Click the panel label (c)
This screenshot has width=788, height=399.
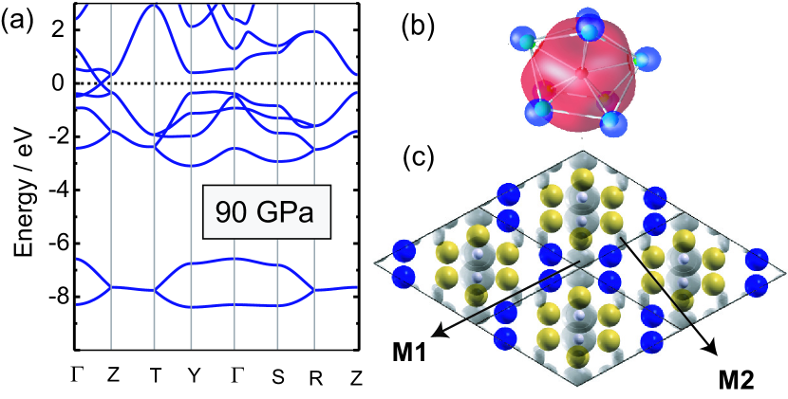(418, 157)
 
